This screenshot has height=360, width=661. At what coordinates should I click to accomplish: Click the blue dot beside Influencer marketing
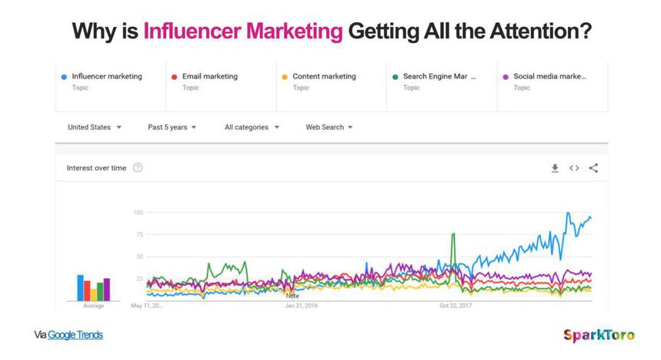63,77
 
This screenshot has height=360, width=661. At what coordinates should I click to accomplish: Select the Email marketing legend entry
209,77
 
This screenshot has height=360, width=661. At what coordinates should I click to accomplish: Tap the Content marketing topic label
324,77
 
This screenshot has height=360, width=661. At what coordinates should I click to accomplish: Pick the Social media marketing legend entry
549,77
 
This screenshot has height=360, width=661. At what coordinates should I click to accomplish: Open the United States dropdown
95,127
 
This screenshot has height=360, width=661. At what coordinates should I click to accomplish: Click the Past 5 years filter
172,127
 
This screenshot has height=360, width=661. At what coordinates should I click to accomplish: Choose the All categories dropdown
252,127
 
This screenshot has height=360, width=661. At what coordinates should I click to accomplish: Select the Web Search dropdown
329,127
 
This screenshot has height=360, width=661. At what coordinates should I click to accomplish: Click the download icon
555,168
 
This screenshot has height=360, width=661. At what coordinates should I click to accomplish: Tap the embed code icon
574,168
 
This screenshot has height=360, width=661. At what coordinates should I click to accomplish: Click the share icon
593,168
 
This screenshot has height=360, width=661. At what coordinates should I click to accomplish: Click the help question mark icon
138,168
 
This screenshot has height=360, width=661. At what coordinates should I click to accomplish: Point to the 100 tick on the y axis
139,212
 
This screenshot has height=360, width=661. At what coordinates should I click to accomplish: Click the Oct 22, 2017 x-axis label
456,305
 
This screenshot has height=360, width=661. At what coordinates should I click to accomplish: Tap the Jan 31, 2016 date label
302,305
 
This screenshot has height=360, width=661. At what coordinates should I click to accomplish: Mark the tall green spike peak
454,234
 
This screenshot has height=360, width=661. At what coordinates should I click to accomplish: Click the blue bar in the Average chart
80,287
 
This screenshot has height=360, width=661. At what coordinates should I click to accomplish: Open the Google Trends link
75,335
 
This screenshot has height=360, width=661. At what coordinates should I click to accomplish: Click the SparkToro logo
599,335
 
